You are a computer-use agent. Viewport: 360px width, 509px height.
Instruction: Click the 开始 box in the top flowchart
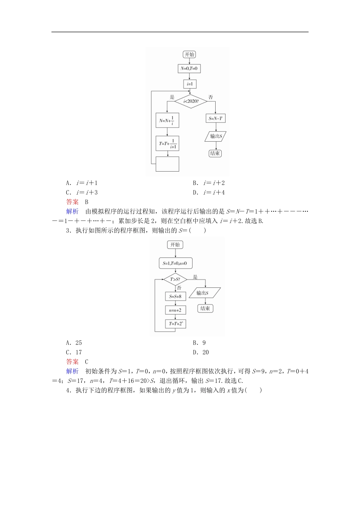[x=189, y=55]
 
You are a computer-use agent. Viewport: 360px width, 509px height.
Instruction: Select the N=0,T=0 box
[x=189, y=69]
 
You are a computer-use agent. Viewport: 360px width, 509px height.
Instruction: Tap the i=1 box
[x=189, y=84]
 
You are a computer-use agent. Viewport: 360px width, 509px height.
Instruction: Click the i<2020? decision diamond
[x=191, y=101]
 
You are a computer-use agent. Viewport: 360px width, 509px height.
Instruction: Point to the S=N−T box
[x=215, y=119]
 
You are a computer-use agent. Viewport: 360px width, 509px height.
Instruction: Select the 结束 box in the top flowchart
[x=215, y=153]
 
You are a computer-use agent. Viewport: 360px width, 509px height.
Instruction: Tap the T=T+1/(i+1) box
[x=167, y=144]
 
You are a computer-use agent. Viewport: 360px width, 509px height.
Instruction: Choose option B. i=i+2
[x=209, y=183]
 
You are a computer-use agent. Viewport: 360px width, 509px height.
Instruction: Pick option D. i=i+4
[x=209, y=192]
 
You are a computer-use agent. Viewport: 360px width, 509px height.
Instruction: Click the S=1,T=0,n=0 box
[x=175, y=263]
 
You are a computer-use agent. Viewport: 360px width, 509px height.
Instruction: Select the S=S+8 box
[x=175, y=297]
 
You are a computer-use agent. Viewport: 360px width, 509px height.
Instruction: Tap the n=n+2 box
[x=175, y=310]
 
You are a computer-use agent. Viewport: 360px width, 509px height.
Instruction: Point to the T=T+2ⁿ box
[x=175, y=324]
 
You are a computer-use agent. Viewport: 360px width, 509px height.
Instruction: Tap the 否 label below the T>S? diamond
[x=179, y=288]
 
